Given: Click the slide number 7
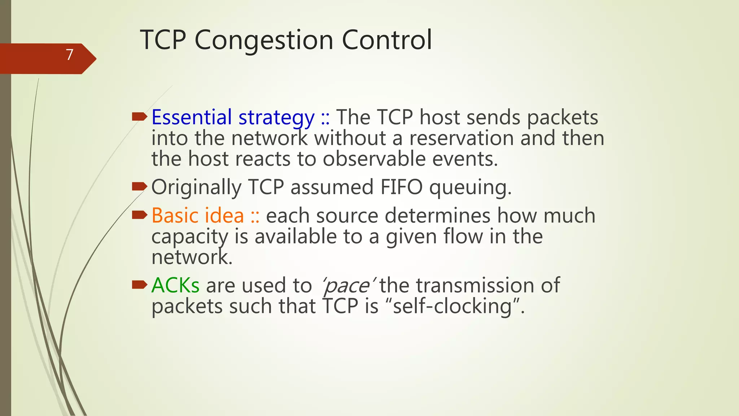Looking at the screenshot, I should pos(70,55).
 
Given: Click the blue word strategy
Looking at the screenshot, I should pos(276,118).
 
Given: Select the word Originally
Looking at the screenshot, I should pos(196,187).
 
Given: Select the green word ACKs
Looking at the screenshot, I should pos(175,285).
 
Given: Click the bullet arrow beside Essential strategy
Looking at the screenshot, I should pos(140,117).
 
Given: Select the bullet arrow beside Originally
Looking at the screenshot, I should pos(140,187).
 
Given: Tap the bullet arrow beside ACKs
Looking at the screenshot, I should pos(140,285).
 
